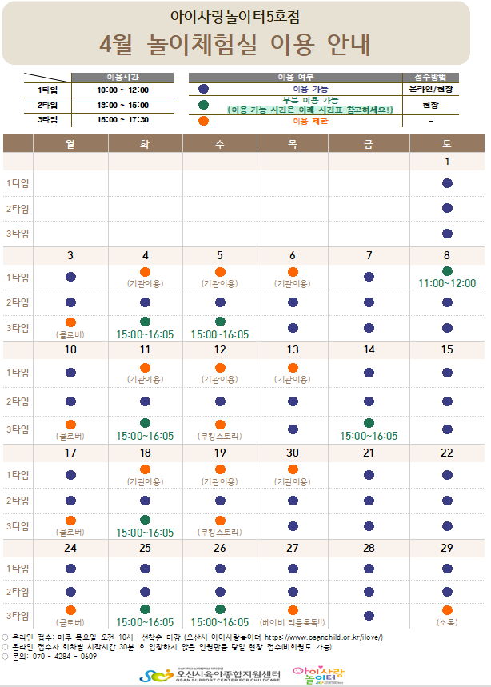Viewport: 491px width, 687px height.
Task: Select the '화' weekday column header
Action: point(145,144)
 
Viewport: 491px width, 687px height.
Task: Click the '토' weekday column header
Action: point(447,144)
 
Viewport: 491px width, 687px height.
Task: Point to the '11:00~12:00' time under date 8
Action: point(447,283)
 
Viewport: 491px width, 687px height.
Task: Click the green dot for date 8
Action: point(447,271)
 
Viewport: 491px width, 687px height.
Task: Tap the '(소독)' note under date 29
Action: point(447,621)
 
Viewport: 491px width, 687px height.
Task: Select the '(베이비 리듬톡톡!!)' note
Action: point(293,621)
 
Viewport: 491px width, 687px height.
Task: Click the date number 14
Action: point(369,349)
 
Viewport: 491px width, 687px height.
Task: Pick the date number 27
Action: point(293,548)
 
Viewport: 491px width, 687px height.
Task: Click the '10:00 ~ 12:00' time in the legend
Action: point(122,90)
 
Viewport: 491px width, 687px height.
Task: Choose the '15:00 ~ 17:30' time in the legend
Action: point(122,120)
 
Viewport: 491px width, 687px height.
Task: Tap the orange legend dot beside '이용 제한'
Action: point(204,121)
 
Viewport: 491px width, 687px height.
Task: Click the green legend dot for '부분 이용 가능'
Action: point(204,105)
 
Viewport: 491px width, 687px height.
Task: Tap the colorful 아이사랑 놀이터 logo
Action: point(317,673)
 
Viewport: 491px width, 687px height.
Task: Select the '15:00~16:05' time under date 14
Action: point(369,436)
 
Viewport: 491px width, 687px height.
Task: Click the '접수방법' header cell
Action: point(431,77)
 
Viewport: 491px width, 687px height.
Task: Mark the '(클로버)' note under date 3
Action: point(70,334)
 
